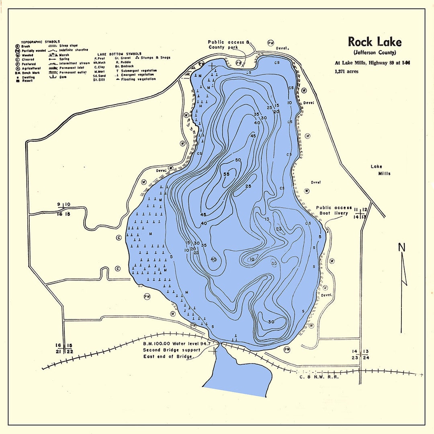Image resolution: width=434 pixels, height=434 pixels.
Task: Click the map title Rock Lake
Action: (374, 42)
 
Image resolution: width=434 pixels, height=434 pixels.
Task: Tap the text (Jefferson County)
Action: (375, 53)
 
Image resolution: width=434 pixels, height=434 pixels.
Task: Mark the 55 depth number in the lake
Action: (226, 174)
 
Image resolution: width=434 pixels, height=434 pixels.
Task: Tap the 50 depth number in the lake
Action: (238, 160)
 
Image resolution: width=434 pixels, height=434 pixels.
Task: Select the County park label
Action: (223, 47)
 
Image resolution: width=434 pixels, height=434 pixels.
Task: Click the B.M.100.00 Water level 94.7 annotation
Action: (177, 344)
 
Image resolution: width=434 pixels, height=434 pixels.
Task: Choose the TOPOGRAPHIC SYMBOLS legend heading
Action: (40, 42)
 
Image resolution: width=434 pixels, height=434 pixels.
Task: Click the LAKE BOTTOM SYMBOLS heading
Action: (119, 53)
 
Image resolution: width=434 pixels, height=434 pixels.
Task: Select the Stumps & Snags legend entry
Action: (155, 57)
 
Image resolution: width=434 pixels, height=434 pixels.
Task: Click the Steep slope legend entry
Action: (68, 46)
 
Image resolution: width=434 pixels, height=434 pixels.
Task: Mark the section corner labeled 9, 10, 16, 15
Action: (64, 209)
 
